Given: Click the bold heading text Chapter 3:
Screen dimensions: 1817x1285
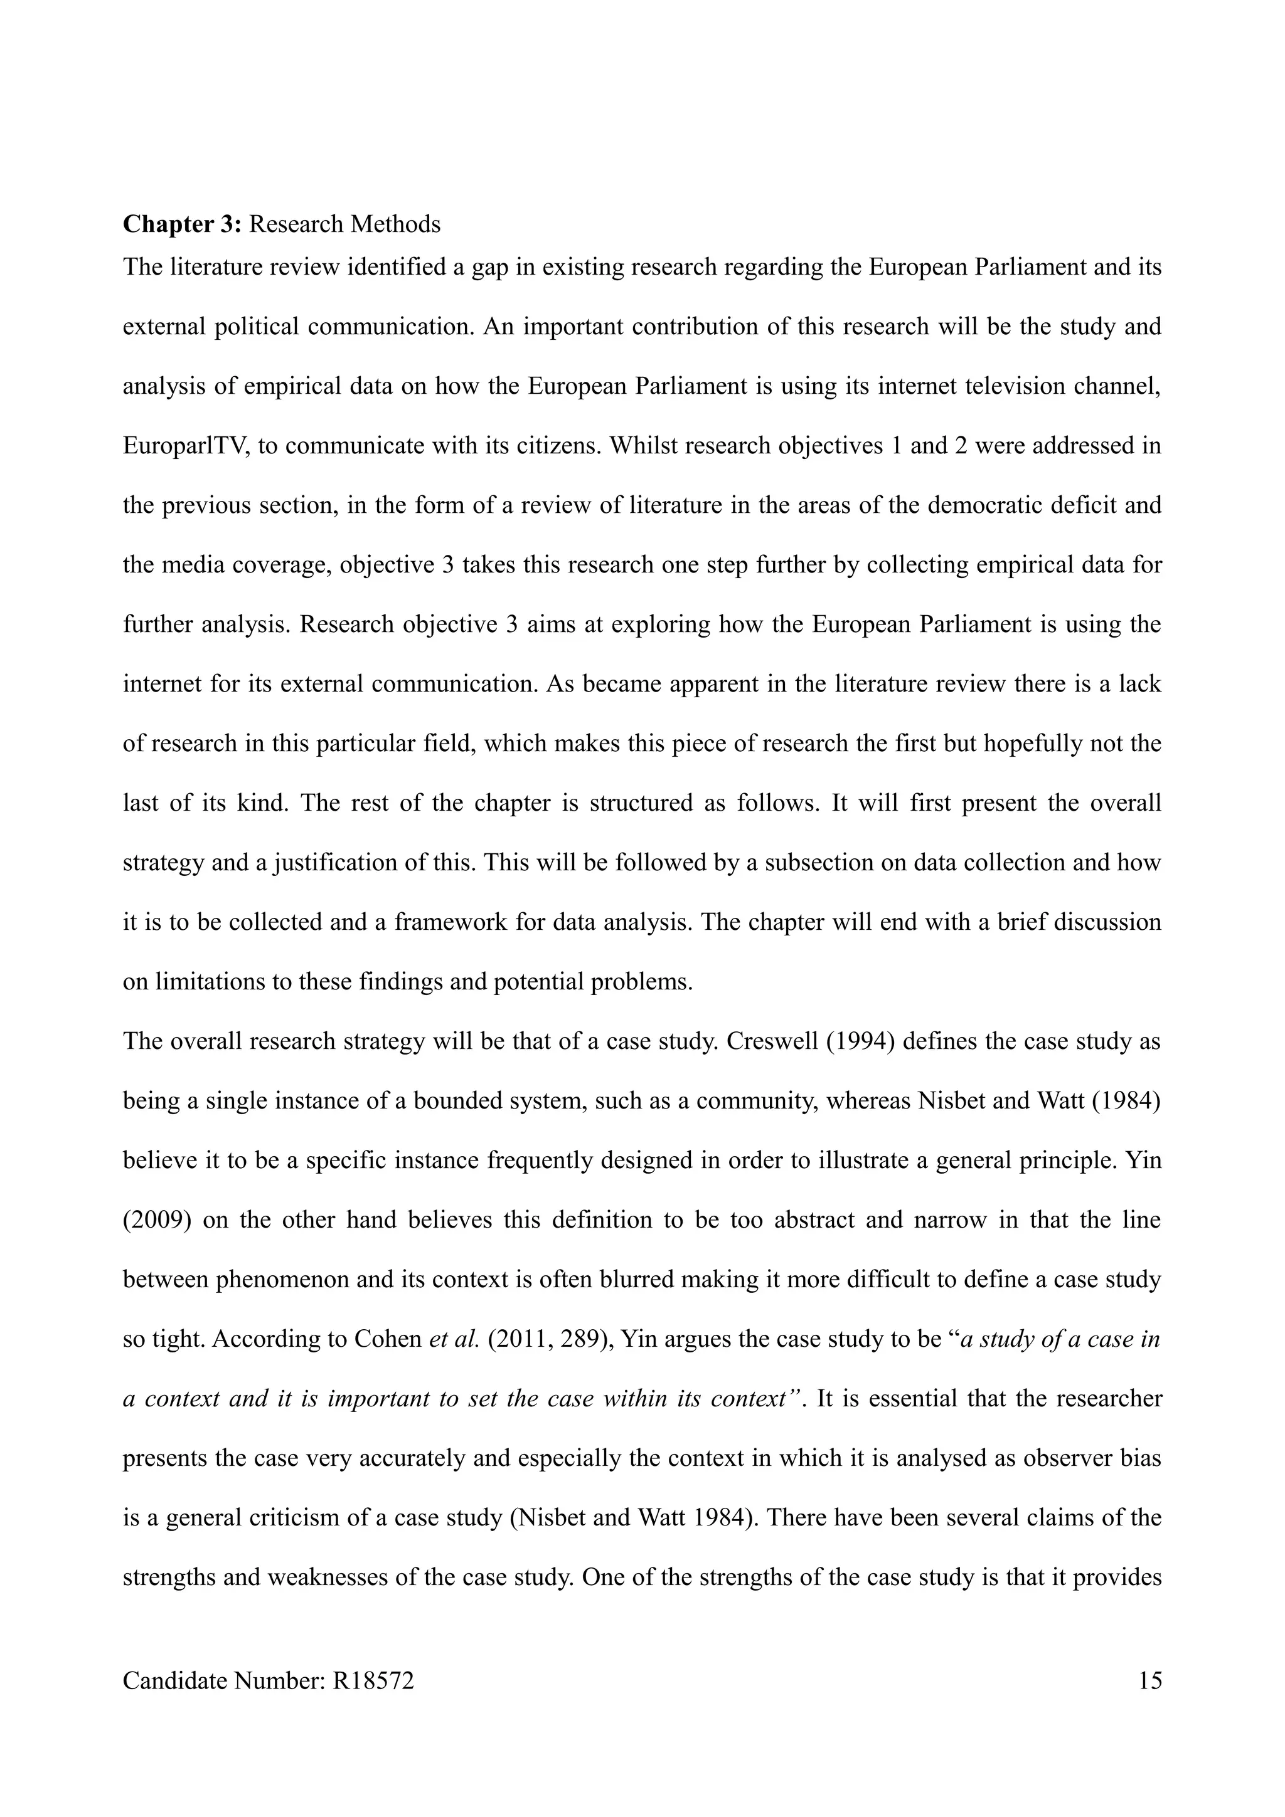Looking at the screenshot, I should pos(181,224).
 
